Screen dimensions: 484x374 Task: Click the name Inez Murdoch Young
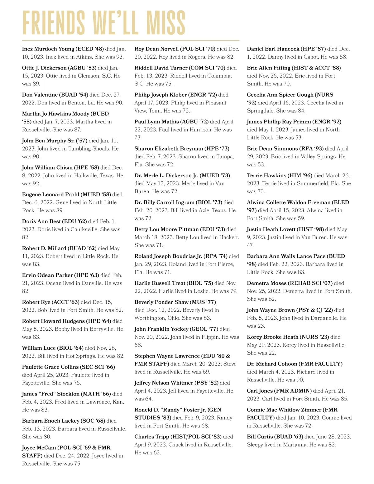click(x=48, y=49)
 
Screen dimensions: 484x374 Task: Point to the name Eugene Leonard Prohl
click(x=50, y=194)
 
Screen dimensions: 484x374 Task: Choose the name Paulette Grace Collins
click(x=50, y=367)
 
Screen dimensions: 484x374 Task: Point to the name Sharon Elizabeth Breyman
click(x=169, y=149)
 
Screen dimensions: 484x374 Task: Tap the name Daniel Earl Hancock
click(x=273, y=49)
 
